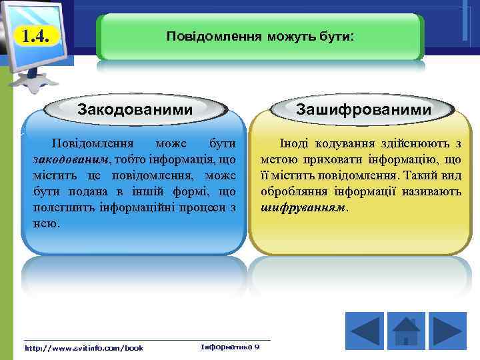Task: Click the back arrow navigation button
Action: pyautogui.click(x=364, y=329)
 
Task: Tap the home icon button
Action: pyautogui.click(x=405, y=329)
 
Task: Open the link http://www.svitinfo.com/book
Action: pyautogui.click(x=83, y=347)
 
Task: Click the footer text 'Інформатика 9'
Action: pyautogui.click(x=230, y=347)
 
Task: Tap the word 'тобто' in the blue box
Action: pyautogui.click(x=130, y=159)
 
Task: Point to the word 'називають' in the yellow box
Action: pyautogui.click(x=433, y=191)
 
